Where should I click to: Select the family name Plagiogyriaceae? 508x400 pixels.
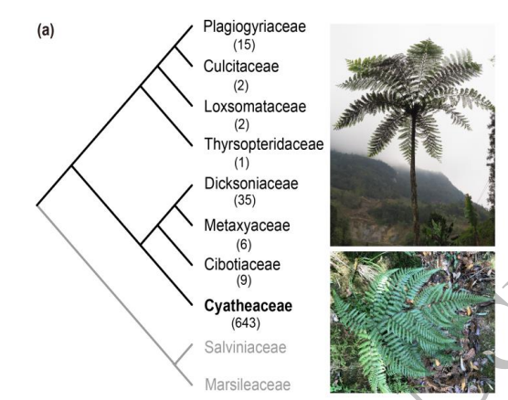(254, 27)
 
